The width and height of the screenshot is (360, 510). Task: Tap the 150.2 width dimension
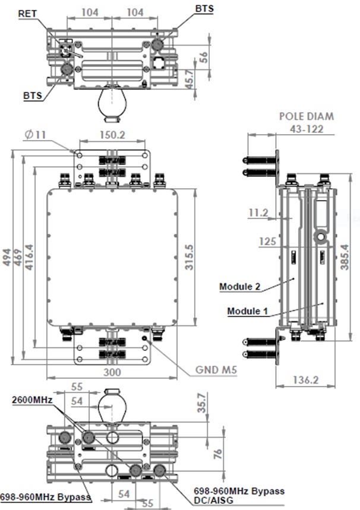point(112,135)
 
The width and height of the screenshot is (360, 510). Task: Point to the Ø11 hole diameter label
point(36,135)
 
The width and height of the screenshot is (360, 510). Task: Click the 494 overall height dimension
point(8,258)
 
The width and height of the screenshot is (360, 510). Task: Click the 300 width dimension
point(112,372)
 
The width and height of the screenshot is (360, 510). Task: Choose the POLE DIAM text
point(307,116)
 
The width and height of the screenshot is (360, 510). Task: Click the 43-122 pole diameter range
point(307,129)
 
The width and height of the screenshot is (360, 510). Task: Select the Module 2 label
point(240,287)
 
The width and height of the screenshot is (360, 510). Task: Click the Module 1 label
point(248,311)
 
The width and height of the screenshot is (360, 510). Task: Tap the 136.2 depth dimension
point(307,379)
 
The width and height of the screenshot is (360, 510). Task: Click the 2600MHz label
point(33,400)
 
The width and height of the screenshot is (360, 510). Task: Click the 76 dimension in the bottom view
point(217,454)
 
